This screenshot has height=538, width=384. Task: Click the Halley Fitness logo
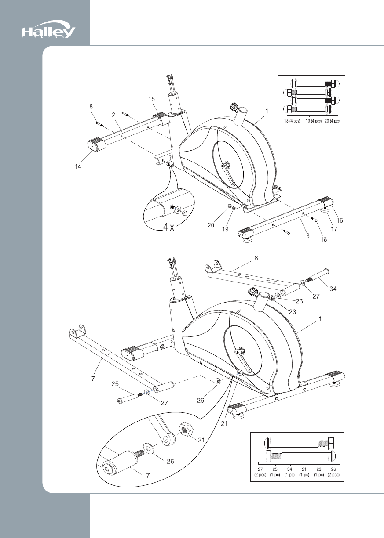click(48, 29)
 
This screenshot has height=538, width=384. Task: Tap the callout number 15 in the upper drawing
click(152, 99)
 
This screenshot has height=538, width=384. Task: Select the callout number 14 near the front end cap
click(78, 166)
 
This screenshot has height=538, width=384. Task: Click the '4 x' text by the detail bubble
click(168, 227)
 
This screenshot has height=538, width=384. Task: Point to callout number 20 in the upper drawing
click(211, 225)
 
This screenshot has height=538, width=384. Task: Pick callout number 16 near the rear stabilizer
click(340, 220)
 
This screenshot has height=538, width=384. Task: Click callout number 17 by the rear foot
click(334, 229)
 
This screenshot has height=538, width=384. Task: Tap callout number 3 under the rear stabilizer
click(308, 235)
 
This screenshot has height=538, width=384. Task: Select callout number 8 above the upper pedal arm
click(256, 258)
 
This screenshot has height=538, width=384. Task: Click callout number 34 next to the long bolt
click(333, 289)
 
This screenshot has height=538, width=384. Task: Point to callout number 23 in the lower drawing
click(293, 312)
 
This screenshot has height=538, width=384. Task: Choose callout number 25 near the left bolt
click(115, 384)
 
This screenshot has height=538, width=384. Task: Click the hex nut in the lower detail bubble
click(186, 429)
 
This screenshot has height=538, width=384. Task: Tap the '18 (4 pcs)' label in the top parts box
click(292, 121)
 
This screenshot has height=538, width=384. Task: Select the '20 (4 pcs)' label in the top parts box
click(333, 121)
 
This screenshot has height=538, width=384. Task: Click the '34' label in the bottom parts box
click(290, 469)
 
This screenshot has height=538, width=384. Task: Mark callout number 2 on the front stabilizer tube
click(113, 115)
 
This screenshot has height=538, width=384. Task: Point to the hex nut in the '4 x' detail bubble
click(185, 213)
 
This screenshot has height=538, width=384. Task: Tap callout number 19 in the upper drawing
click(225, 229)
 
